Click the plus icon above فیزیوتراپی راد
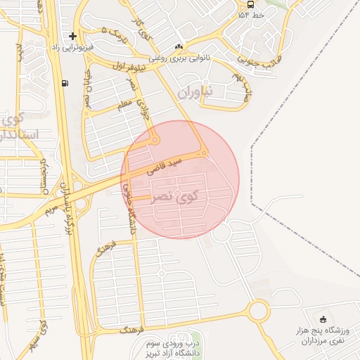tap(72, 35)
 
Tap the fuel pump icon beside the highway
tap(65, 83)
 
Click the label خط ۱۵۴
tap(251, 14)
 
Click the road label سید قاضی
tap(165, 166)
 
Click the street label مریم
tap(49, 210)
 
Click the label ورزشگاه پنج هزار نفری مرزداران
tap(322, 335)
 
